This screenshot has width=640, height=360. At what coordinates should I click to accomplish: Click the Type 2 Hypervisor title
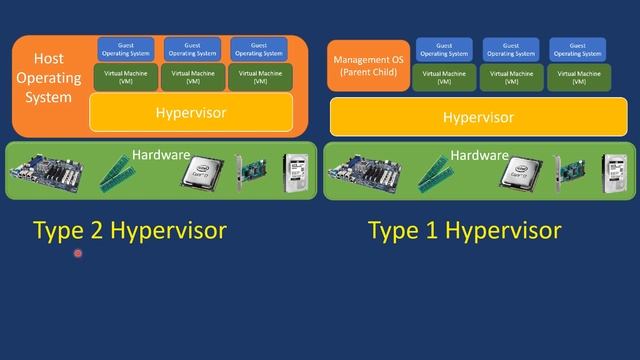(130, 231)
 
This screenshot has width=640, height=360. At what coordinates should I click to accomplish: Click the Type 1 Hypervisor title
(464, 231)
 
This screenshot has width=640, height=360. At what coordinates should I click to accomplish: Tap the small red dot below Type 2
(78, 254)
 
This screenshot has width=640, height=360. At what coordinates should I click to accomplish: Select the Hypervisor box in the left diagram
(191, 112)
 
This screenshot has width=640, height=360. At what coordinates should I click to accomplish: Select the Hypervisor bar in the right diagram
(478, 118)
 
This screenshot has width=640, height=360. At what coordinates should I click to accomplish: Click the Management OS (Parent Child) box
(369, 67)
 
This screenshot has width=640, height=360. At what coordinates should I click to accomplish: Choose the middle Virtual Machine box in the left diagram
(191, 76)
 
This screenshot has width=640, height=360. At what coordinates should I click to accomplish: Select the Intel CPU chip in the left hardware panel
(200, 172)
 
